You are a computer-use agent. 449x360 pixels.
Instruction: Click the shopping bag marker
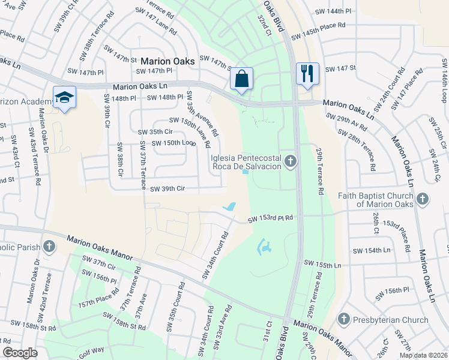pos(241,79)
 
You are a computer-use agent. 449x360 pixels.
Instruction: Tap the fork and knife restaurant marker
pos(307,74)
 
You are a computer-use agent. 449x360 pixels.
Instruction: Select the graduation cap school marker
pos(64,98)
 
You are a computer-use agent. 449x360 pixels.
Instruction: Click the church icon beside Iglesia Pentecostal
pos(291,160)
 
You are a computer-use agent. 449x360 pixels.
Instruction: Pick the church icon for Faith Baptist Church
pos(422,198)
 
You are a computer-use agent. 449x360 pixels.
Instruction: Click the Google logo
pos(20,353)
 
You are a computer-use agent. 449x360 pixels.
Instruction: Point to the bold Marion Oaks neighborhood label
pos(167,61)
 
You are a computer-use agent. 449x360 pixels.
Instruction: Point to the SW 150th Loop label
pos(173,143)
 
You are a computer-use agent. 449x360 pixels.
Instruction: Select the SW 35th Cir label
pos(155,131)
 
